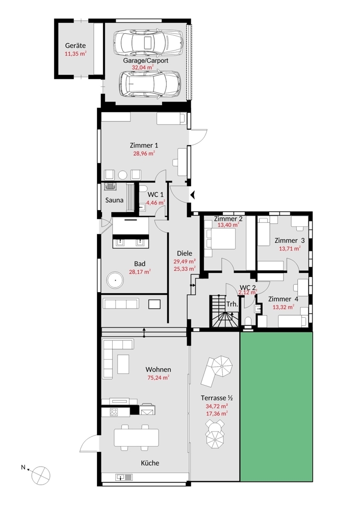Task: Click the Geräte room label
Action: [x=75, y=45]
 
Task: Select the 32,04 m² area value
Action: [x=145, y=67]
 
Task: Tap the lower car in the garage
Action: [x=150, y=83]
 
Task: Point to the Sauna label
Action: [x=114, y=200]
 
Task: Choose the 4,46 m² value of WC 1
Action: [x=156, y=203]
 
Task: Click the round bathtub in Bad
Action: [x=115, y=279]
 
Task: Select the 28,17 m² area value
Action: [x=140, y=272]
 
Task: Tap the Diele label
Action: [x=184, y=252]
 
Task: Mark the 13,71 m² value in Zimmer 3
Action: [x=289, y=249]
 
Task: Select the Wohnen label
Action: [x=158, y=370]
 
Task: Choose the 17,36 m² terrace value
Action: [x=217, y=414]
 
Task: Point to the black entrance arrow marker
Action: [x=193, y=194]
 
